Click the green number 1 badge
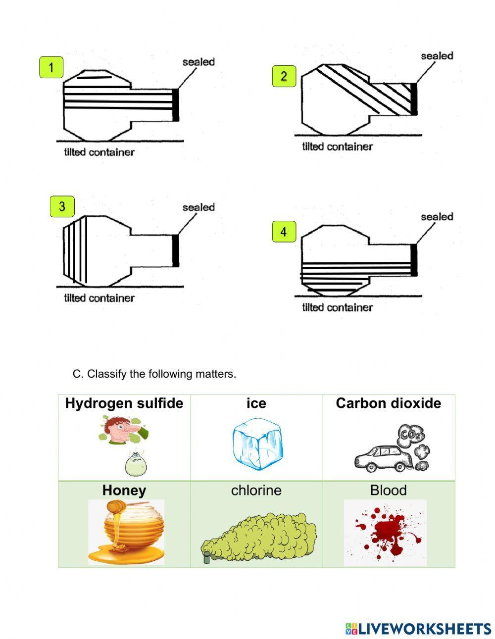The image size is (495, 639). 51,67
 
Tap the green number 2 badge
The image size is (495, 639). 284,76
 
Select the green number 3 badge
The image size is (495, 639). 62,206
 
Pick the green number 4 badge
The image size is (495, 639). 284,232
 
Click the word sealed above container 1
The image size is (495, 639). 198,62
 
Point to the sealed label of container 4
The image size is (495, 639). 437,217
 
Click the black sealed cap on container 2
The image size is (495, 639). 414,99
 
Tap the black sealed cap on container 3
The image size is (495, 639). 175,251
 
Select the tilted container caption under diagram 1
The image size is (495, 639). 99,152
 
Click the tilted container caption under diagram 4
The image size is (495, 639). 337,307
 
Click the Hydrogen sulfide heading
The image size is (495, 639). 124,403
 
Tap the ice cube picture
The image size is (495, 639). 257,444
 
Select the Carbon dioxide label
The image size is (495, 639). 388,403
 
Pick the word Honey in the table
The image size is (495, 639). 124,491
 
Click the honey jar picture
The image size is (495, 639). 127,532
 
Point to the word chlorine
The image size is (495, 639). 256,491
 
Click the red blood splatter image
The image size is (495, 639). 385,532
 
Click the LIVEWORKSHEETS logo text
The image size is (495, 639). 418,629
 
